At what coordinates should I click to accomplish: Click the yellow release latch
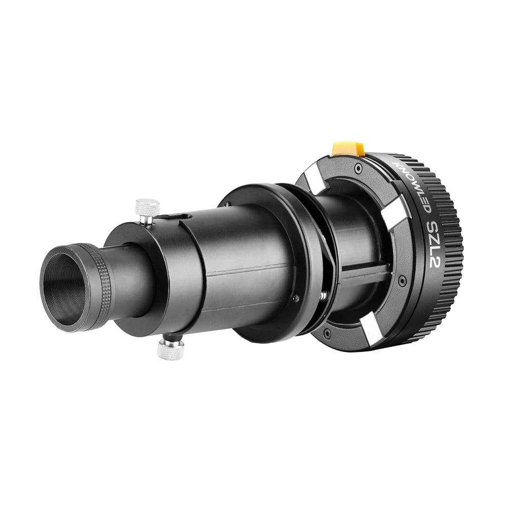click(x=348, y=149)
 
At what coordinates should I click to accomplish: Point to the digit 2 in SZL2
click(x=436, y=261)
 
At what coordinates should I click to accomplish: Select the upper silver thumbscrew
click(x=147, y=211)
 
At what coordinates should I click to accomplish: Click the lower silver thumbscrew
click(x=170, y=348)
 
